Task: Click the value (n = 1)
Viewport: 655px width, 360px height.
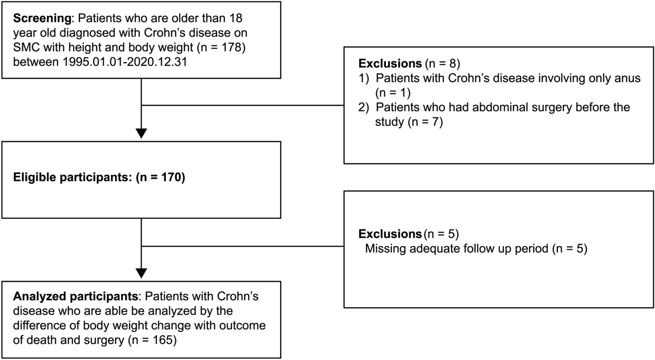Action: (394, 93)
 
